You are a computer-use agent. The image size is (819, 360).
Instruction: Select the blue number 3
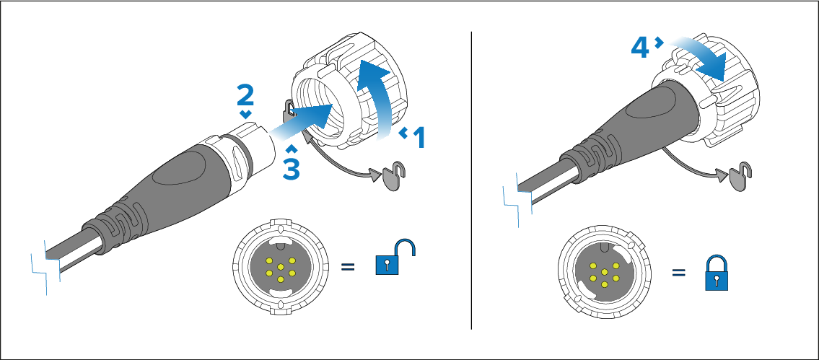coord(290,168)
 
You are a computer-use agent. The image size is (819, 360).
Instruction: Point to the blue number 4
coord(640,48)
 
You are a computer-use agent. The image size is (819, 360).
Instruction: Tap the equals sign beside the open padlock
coord(348,268)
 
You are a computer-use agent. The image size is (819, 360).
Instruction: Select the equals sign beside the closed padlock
coord(678,274)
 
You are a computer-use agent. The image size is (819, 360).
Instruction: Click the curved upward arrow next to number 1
coord(377,94)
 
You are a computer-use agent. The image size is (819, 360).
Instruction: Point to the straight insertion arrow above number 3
coord(303,120)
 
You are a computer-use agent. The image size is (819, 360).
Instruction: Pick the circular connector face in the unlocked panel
coord(280,267)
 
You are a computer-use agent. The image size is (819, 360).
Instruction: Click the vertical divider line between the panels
coord(471,180)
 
